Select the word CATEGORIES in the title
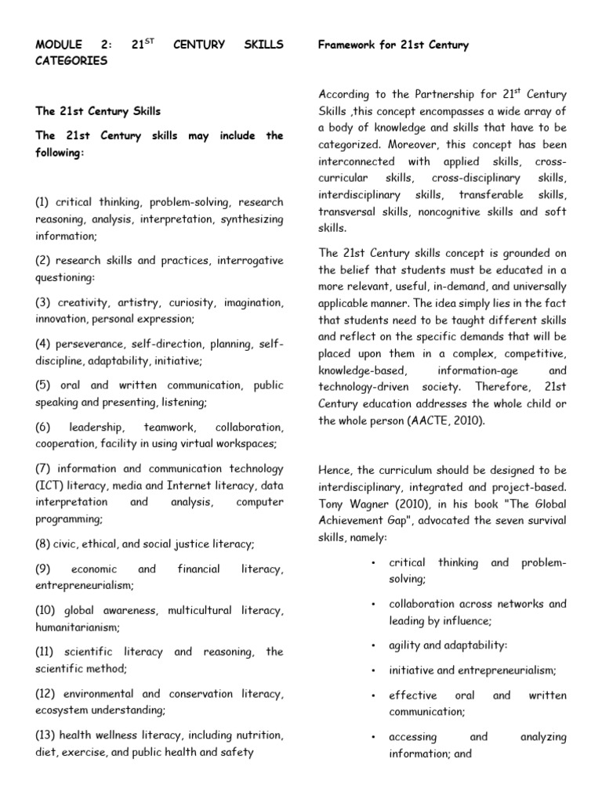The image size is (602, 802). coord(71,61)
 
